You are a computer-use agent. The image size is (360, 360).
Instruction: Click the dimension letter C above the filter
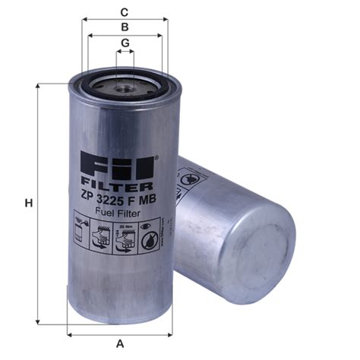(x=123, y=11)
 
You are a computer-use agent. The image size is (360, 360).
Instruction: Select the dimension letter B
(x=123, y=27)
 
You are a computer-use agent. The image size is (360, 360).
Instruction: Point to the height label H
(x=28, y=203)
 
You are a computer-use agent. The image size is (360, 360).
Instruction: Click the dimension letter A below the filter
(x=120, y=344)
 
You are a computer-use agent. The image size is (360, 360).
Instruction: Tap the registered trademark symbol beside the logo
(x=156, y=158)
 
